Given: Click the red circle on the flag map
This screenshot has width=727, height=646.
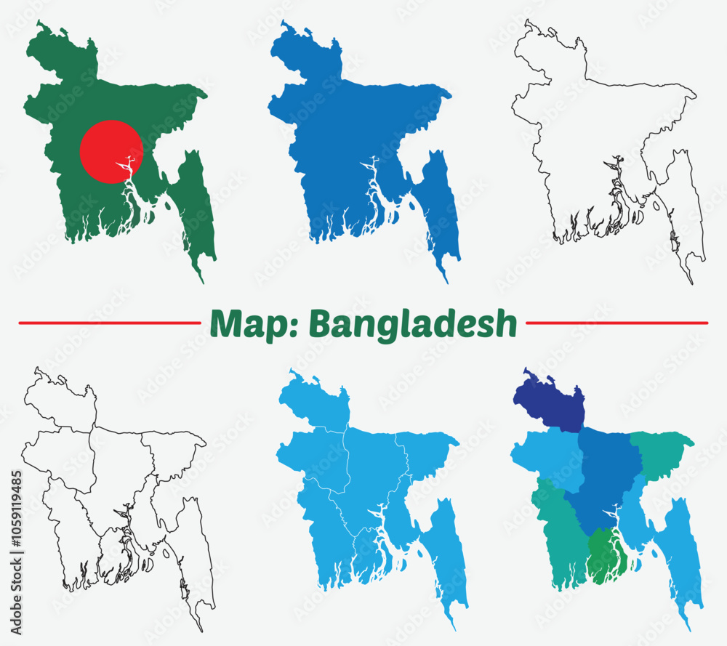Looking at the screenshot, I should tap(111, 152).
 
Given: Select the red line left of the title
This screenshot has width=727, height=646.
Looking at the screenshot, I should tap(109, 322).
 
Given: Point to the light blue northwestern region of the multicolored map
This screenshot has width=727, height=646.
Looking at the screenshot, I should tap(545, 458).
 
